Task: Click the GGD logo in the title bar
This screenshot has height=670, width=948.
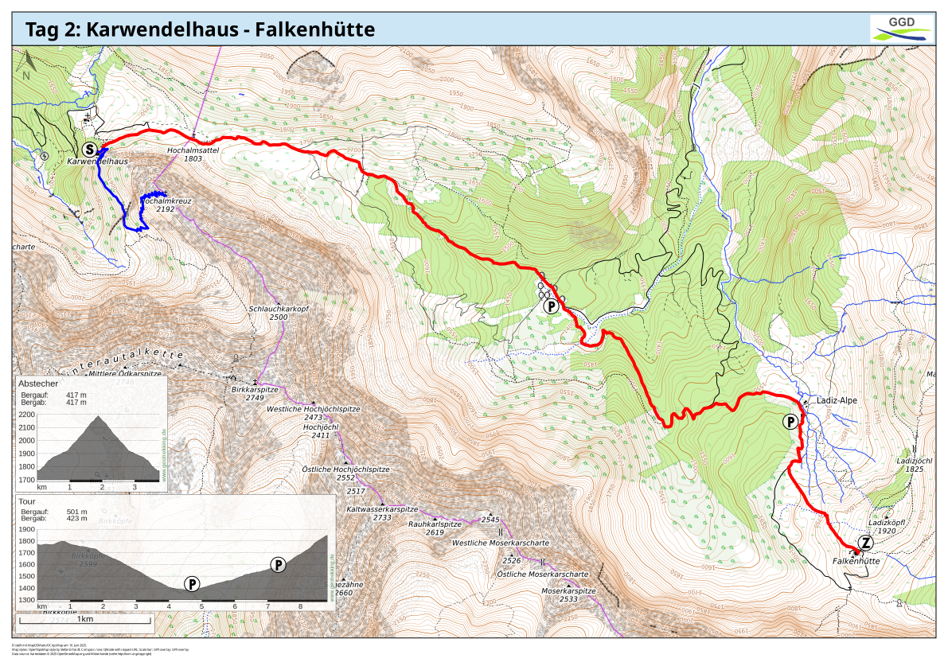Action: [901, 28]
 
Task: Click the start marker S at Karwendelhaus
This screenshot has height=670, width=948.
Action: [90, 149]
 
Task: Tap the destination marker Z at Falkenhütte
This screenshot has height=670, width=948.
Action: [865, 543]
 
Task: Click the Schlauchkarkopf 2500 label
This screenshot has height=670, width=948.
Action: [279, 313]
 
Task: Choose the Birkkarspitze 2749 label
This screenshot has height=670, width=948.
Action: [255, 393]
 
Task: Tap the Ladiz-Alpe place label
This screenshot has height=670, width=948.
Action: [837, 400]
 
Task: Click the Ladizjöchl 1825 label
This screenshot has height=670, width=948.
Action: [914, 465]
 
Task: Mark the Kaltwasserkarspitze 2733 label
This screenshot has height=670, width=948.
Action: [382, 513]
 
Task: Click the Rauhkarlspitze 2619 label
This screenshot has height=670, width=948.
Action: [435, 528]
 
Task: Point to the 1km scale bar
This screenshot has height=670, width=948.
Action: [85, 618]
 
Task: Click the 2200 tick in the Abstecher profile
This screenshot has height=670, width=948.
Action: [26, 415]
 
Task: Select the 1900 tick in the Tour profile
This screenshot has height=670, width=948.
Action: [26, 529]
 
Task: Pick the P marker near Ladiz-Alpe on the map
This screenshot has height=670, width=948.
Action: [790, 422]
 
